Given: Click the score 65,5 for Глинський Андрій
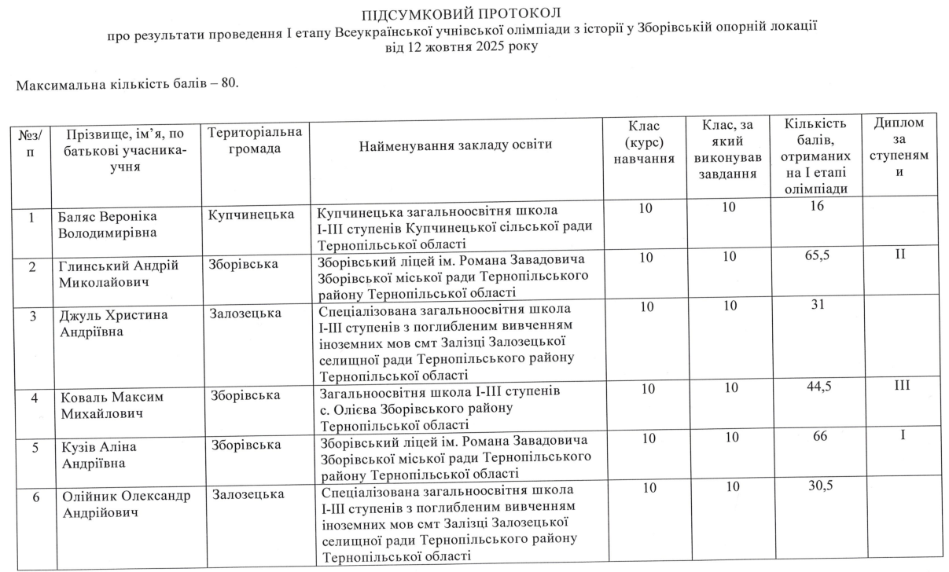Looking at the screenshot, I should click(x=817, y=258).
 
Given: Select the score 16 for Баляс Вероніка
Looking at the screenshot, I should click(x=817, y=206).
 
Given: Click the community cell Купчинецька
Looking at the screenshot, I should click(x=252, y=214).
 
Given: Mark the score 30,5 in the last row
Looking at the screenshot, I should click(x=819, y=486).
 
